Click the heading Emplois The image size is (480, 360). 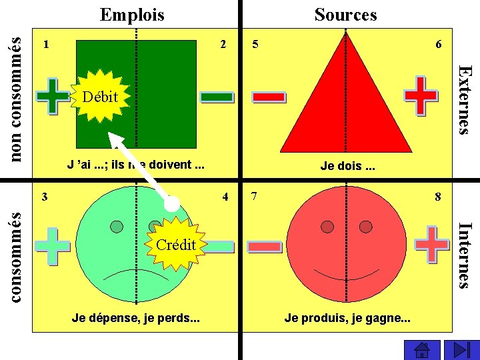click(x=131, y=14)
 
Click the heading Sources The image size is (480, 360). click(x=345, y=14)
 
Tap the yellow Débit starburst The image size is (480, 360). click(x=98, y=97)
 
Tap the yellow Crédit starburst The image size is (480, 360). click(x=175, y=245)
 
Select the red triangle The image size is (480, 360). click(x=346, y=100)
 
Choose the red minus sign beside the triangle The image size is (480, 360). click(x=269, y=97)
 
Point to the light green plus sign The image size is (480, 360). click(x=53, y=246)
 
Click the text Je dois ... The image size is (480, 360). click(x=347, y=166)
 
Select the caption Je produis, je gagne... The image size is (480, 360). click(x=347, y=318)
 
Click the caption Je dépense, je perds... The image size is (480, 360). click(x=135, y=318)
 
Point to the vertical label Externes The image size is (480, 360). click(x=466, y=99)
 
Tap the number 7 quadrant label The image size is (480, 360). click(x=254, y=197)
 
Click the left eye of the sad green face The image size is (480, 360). click(x=117, y=227)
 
